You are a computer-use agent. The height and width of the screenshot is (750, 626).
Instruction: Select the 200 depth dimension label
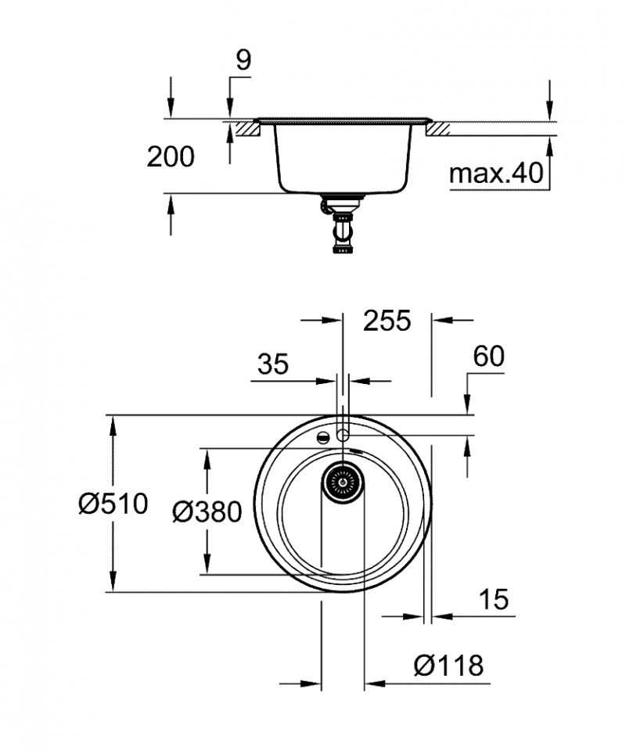tap(171, 157)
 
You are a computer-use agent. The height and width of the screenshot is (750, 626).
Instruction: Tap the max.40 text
tap(495, 174)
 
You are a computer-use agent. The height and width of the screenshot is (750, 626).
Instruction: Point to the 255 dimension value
tap(386, 321)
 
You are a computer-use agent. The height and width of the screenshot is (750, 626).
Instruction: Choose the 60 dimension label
tap(489, 356)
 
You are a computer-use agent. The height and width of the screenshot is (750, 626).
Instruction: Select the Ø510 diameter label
tap(113, 504)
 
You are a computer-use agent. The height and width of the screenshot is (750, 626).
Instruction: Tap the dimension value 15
tap(493, 599)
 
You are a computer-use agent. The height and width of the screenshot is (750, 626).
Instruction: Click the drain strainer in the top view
tap(342, 479)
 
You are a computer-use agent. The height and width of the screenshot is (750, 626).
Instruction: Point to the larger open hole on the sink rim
tap(342, 434)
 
